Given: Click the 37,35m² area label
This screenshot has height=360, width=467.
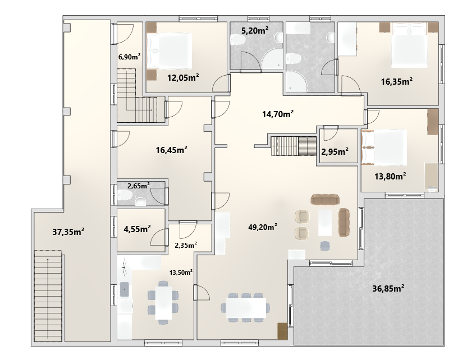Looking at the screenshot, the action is coord(68,232).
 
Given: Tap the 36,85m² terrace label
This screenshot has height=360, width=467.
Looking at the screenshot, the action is coord(388,288).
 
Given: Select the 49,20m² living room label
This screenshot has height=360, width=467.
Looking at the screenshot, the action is coord(263,227).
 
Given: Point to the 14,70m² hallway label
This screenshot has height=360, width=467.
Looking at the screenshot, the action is coord(278,114).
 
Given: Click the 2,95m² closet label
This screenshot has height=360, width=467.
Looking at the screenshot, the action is coord(335,152).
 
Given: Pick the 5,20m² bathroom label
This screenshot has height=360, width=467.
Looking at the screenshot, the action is coord(255,30).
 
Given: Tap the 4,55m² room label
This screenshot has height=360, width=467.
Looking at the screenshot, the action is coord(137,229).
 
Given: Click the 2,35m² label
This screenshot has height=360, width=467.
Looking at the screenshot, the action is coord(186,245).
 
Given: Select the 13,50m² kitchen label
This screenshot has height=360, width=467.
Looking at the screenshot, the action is coord(181,272).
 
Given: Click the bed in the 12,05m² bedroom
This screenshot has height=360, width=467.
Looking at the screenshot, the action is coord(169,50).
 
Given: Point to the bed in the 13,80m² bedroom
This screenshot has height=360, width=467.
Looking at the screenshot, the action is coord(384,147).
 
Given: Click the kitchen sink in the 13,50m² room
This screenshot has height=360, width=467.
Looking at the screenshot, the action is coord(124,289).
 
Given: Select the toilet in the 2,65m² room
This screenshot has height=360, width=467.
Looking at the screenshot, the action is coord(125,196).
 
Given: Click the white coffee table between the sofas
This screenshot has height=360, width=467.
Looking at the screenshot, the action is coord(325,223).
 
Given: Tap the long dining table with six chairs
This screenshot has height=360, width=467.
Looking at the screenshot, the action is coord(246,308).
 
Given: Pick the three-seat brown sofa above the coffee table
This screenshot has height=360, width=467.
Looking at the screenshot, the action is coord(325,199).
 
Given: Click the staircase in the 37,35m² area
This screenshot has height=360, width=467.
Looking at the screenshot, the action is coord(48,296).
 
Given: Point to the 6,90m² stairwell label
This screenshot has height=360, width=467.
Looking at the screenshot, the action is coord(129,57).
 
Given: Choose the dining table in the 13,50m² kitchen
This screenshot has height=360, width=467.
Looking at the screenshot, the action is coord(163,303).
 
